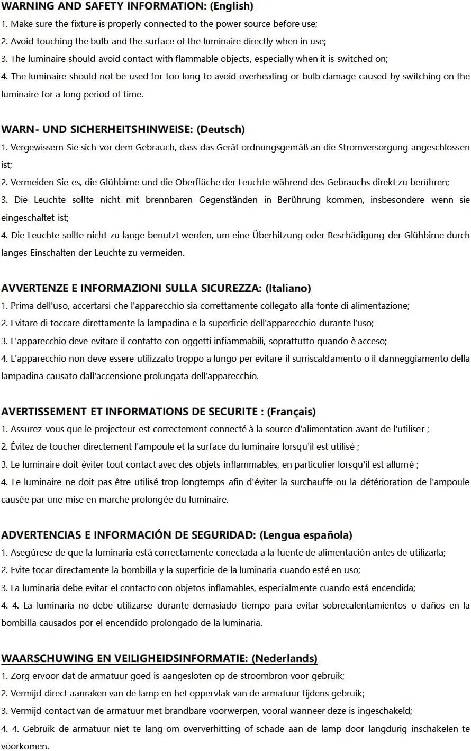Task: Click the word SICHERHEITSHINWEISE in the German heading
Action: (x=132, y=130)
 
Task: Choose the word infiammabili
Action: (x=235, y=341)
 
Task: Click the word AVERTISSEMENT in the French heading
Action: (x=44, y=412)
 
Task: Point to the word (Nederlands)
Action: (x=285, y=659)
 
